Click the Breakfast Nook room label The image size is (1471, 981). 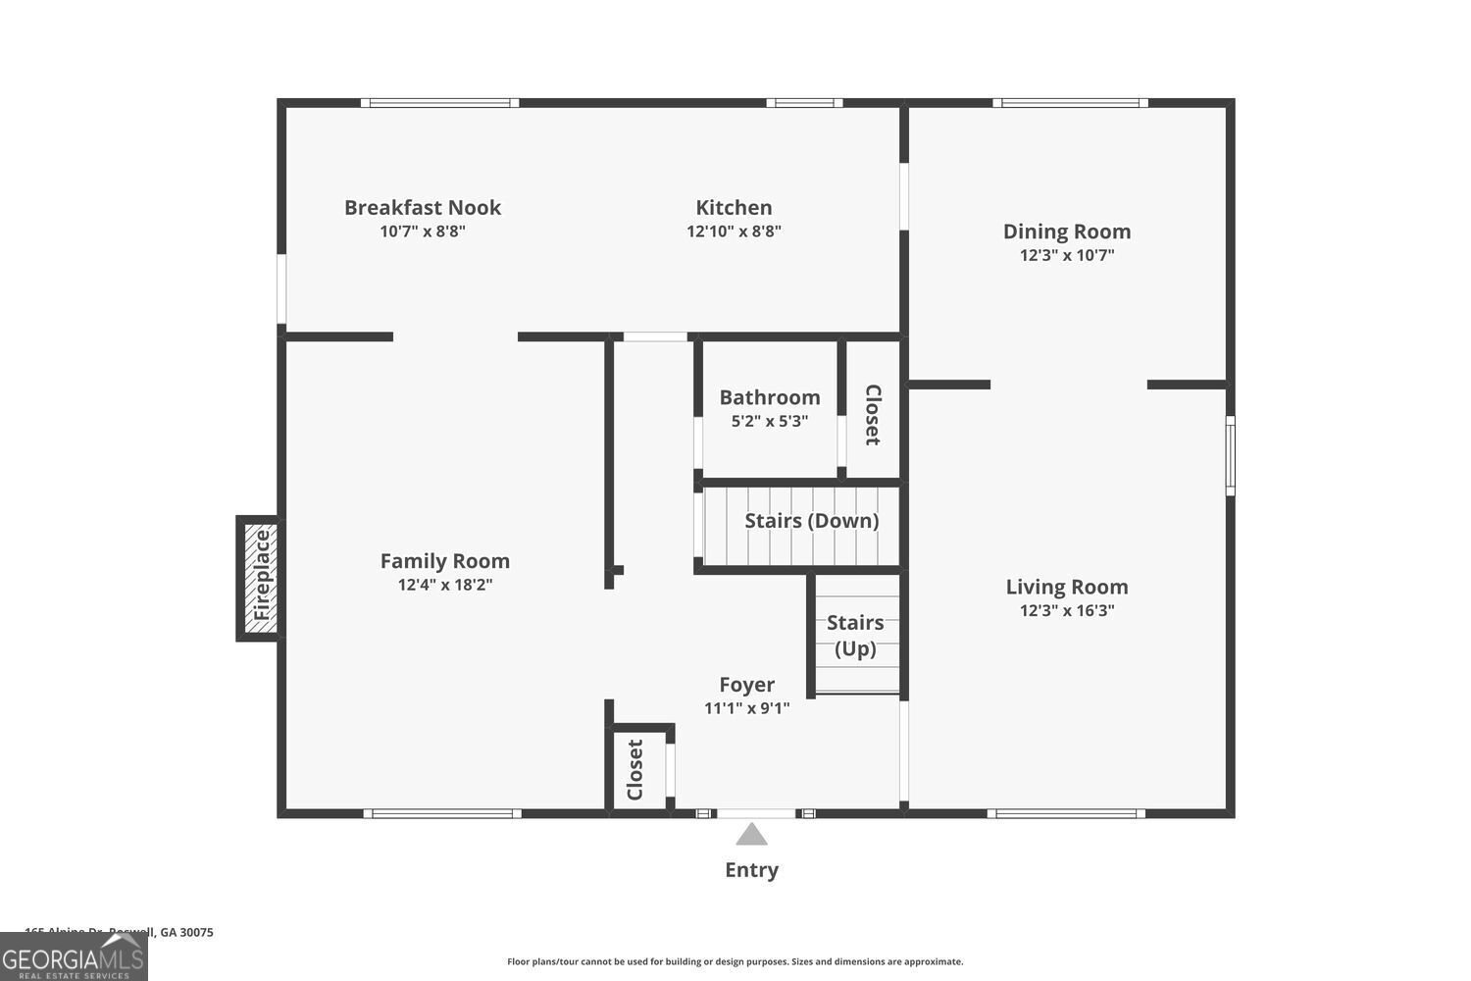tap(423, 208)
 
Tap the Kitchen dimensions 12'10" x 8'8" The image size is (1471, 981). tap(734, 232)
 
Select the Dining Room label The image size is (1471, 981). tap(1067, 232)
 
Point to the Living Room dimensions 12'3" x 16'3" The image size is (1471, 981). tap(1067, 610)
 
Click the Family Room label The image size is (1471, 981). tap(445, 561)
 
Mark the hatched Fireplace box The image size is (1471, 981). tap(261, 577)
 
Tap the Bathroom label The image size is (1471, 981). tap(770, 397)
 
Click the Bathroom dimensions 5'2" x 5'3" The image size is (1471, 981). tap(770, 421)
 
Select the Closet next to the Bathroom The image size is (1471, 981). tap(872, 414)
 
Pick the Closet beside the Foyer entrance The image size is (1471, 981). tap(635, 769)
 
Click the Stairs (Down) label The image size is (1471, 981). tap(811, 521)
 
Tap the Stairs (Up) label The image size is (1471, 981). tap(855, 635)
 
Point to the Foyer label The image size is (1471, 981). tap(746, 685)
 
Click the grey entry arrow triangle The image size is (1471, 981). tap(751, 835)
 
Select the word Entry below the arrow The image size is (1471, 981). tap(751, 870)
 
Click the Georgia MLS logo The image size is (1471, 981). tap(74, 956)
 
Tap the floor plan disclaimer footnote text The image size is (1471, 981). tap(735, 961)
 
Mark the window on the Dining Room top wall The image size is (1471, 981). tap(1070, 103)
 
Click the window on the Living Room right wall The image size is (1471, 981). tap(1230, 454)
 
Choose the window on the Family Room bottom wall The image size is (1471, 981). tap(442, 813)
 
